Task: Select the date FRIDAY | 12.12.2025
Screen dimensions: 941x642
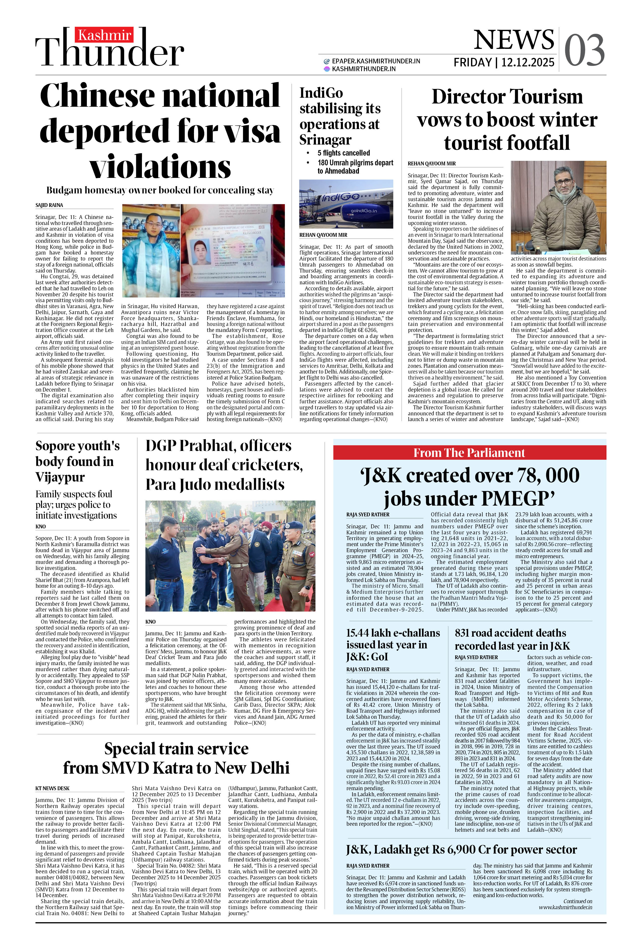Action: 504,62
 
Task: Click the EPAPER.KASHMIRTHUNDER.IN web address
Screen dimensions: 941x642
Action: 376,61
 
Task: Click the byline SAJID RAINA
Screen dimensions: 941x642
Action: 49,205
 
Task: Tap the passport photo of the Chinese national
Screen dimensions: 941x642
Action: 232,251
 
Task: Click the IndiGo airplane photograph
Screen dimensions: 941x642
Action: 346,204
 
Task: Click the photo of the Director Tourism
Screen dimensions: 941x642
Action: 558,207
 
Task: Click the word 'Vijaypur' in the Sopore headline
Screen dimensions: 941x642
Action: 60,477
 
